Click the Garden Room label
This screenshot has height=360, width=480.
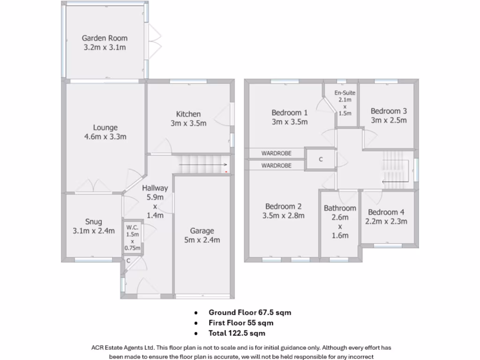click(x=105, y=38)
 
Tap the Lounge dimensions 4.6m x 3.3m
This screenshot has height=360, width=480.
click(x=105, y=137)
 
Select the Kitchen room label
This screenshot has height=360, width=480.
click(x=188, y=114)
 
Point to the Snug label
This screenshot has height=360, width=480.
click(x=93, y=222)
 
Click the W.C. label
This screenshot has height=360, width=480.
click(x=132, y=228)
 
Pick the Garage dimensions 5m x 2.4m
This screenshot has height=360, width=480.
click(x=202, y=240)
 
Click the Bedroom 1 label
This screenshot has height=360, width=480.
click(x=290, y=112)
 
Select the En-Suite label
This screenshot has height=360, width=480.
click(x=345, y=93)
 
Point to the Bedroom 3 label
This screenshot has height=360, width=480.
click(x=389, y=111)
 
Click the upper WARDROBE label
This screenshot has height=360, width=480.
click(x=276, y=153)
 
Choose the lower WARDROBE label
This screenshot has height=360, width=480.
click(x=276, y=165)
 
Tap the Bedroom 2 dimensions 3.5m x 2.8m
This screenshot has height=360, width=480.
click(x=283, y=216)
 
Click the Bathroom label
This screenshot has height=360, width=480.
click(x=340, y=208)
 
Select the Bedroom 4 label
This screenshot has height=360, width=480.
click(x=386, y=212)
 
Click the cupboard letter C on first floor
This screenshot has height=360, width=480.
click(x=321, y=159)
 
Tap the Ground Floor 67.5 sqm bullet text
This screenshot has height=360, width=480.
click(x=246, y=312)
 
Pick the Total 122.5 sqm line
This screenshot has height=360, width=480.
click(x=237, y=333)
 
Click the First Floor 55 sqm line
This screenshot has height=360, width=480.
click(x=241, y=323)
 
